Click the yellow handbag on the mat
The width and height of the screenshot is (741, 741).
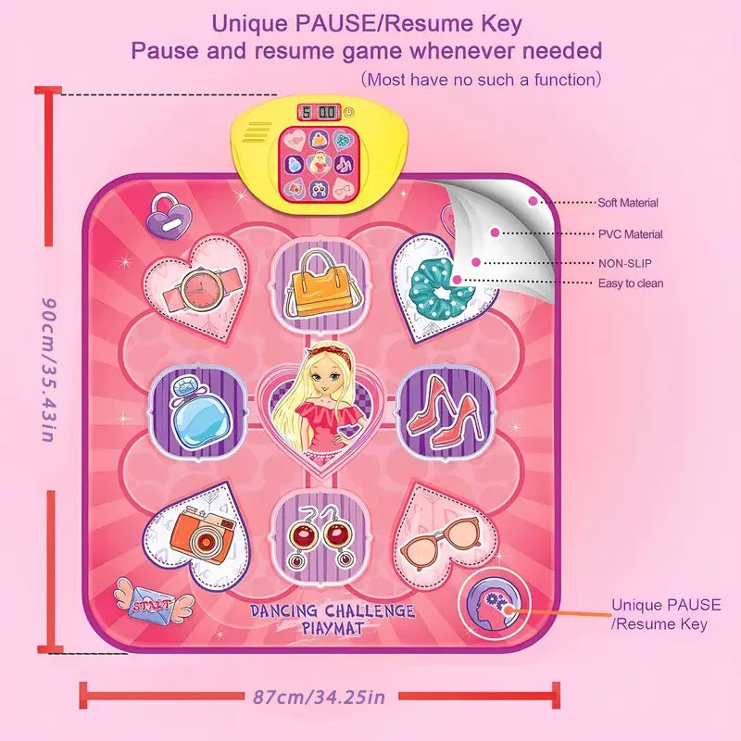click(320, 285)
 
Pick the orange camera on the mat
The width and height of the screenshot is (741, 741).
click(205, 534)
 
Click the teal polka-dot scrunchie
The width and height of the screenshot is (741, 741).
click(442, 291)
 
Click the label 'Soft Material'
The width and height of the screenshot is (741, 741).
click(628, 203)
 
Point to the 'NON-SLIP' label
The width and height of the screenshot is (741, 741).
click(624, 263)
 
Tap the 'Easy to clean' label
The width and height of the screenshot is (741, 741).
click(631, 283)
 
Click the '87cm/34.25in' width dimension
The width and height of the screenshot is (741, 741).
click(320, 697)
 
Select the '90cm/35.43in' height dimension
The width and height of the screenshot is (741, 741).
click(49, 370)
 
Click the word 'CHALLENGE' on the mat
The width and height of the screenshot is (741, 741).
click(370, 611)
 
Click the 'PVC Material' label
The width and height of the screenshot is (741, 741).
click(631, 234)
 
